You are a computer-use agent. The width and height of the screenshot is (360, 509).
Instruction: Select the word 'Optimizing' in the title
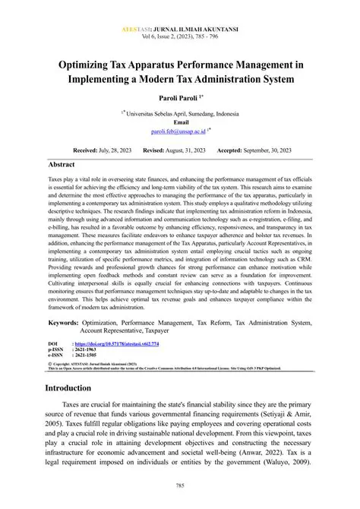93,67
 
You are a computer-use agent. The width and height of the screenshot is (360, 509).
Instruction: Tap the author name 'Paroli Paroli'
177,99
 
